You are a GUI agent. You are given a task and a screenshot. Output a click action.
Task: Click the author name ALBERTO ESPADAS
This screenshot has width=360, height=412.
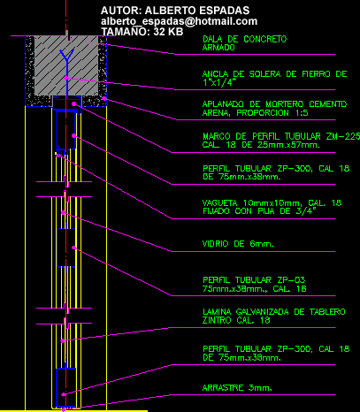click(197, 11)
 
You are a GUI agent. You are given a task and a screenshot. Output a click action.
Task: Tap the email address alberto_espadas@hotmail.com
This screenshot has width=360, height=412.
click(179, 21)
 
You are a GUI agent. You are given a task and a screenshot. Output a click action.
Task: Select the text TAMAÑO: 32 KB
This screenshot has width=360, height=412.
click(142, 32)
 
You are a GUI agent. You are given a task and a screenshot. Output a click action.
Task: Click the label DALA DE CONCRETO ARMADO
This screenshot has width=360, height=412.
click(244, 43)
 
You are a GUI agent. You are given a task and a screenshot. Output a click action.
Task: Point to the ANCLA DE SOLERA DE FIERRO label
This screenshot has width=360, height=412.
click(274, 78)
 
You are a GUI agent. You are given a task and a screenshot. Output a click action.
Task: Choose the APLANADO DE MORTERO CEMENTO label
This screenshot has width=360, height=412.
click(274, 109)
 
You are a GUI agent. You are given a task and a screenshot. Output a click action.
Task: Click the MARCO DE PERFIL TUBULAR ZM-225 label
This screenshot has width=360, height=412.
click(281, 141)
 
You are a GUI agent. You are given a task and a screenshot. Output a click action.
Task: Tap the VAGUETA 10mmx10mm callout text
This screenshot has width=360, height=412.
click(272, 207)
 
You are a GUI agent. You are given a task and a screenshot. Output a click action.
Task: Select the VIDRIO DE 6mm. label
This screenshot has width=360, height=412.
click(238, 244)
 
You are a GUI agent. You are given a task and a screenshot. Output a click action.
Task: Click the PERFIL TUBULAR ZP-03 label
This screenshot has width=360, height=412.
click(255, 284)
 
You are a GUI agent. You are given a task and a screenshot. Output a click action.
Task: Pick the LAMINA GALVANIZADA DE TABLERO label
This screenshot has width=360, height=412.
click(274, 316)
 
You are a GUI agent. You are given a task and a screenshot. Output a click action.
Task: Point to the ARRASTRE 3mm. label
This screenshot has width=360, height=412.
click(237, 388)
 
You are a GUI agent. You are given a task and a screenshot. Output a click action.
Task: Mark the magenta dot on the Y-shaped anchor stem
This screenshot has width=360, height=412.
click(66, 78)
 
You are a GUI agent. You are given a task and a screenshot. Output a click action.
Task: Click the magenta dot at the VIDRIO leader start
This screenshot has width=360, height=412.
click(64, 212)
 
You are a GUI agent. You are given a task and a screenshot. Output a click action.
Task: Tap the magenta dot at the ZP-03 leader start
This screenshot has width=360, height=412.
click(73, 248)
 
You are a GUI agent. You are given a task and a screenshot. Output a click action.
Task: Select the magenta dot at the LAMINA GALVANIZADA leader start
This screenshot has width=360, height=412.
click(62, 341)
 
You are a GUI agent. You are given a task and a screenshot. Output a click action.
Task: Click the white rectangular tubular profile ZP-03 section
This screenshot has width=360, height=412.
click(65, 248)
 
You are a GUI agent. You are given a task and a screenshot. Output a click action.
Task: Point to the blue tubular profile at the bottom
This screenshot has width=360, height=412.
click(66, 387)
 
